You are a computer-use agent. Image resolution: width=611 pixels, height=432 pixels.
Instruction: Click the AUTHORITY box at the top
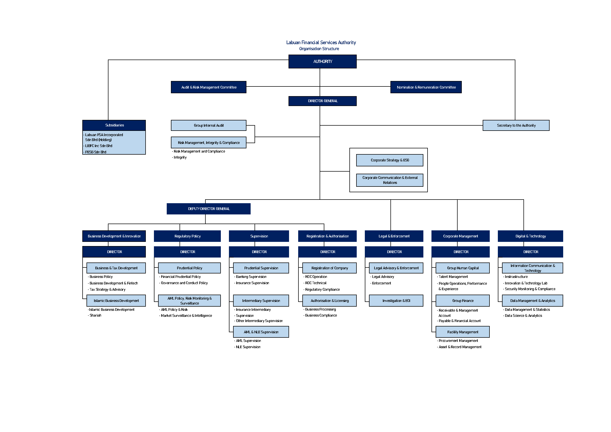coord(322,61)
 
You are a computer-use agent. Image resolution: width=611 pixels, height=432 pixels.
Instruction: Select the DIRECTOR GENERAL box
coord(322,101)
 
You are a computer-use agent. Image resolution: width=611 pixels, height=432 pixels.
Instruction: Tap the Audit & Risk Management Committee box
coord(209,87)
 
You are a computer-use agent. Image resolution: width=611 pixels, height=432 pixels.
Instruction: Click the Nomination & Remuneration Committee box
coord(426,87)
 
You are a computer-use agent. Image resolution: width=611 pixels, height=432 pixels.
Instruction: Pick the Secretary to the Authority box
coord(516,125)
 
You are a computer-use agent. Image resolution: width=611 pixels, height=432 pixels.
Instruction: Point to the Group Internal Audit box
coord(209,125)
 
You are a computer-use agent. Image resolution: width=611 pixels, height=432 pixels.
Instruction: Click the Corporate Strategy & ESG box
coord(390,160)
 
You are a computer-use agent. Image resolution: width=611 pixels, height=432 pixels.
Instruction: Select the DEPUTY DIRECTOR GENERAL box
coord(209,209)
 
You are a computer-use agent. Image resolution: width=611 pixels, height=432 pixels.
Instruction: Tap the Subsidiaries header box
coord(114,125)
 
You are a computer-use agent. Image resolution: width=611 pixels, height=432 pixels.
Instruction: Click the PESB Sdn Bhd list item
coord(96,152)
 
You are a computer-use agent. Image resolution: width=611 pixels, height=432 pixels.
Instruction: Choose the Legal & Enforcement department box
coord(394,236)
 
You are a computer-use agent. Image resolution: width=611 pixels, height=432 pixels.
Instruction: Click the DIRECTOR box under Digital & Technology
coord(530,252)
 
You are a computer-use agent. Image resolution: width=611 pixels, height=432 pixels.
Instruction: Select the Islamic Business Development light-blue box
coord(116,301)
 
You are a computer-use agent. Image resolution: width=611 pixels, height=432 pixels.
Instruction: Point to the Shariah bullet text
coord(95,316)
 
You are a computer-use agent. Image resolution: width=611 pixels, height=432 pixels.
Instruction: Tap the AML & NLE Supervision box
coord(261,332)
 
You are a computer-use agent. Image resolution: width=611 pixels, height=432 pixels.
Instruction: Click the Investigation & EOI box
coord(396,301)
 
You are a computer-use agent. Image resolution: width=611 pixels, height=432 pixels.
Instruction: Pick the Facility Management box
coord(463,332)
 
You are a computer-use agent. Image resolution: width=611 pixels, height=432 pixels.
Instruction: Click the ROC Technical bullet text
coord(316,283)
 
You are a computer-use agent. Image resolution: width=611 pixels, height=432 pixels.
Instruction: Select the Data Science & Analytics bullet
coord(523,316)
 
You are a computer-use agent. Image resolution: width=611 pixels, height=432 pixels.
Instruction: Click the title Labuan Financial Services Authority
coord(321,43)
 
